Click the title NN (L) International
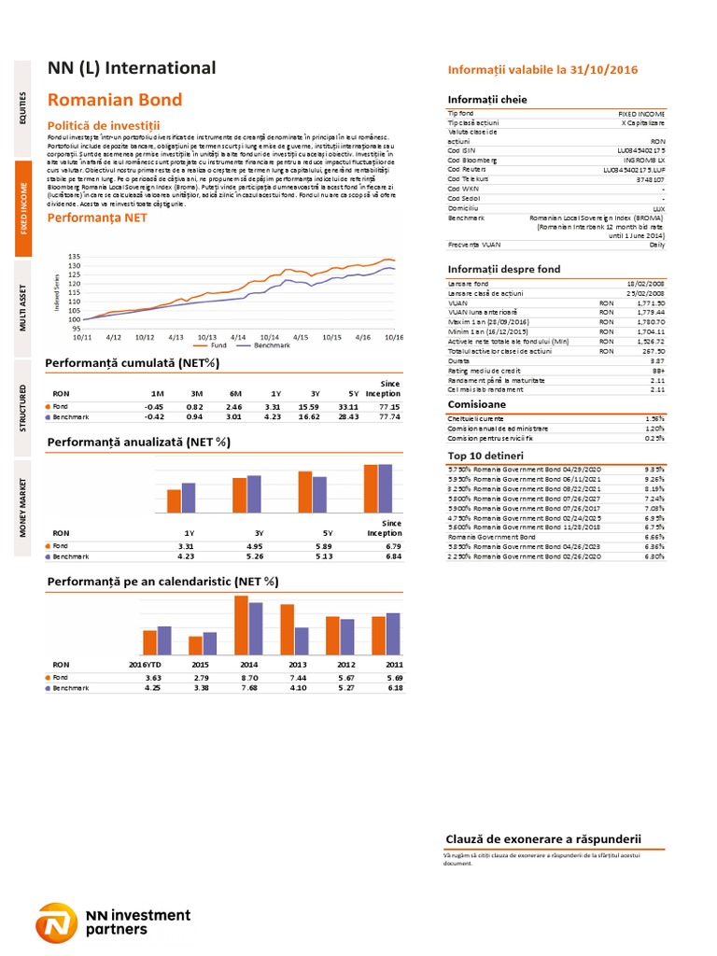[132, 68]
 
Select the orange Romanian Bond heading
[115, 100]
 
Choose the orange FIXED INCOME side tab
[26, 211]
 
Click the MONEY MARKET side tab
[26, 508]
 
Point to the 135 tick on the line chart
[76, 256]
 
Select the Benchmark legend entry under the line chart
[265, 345]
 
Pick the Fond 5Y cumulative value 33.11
[347, 407]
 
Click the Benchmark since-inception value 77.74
[388, 417]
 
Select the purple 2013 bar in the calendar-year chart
[301, 640]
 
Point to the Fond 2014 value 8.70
[249, 677]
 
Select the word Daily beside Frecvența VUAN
[657, 244]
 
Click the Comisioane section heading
[477, 404]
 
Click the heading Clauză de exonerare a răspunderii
[544, 838]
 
